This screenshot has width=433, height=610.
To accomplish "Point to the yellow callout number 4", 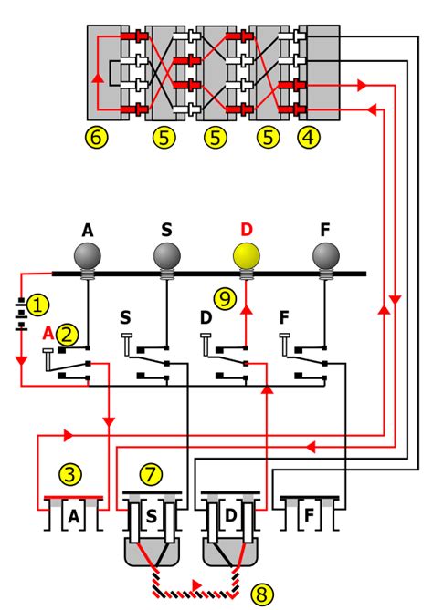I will (311, 138).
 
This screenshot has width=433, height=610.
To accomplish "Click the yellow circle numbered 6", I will (97, 138).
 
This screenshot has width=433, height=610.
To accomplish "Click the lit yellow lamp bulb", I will (245, 255).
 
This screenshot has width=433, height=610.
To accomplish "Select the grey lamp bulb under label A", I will (88, 255).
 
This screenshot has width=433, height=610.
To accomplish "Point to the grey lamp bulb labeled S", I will (165, 255).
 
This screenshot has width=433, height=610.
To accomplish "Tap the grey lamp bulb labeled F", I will (323, 255).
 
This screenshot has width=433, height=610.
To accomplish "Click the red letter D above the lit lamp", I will (245, 228).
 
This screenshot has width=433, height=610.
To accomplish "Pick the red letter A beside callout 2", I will (49, 335).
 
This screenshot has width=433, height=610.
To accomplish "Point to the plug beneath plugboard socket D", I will (232, 551).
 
